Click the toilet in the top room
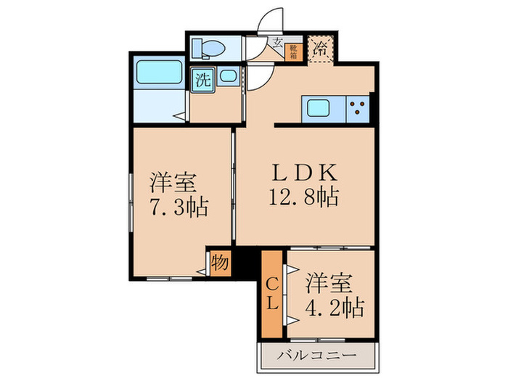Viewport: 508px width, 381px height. pyautogui.click(x=210, y=48)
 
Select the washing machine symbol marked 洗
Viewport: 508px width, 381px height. pyautogui.click(x=202, y=80)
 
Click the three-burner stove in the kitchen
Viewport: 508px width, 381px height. pyautogui.click(x=358, y=109)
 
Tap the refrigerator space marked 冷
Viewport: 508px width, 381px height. pyautogui.click(x=320, y=51)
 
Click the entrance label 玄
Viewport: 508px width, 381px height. pyautogui.click(x=278, y=43)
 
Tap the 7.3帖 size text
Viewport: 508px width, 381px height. pyautogui.click(x=178, y=208)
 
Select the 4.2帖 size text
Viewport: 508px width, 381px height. pyautogui.click(x=335, y=306)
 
